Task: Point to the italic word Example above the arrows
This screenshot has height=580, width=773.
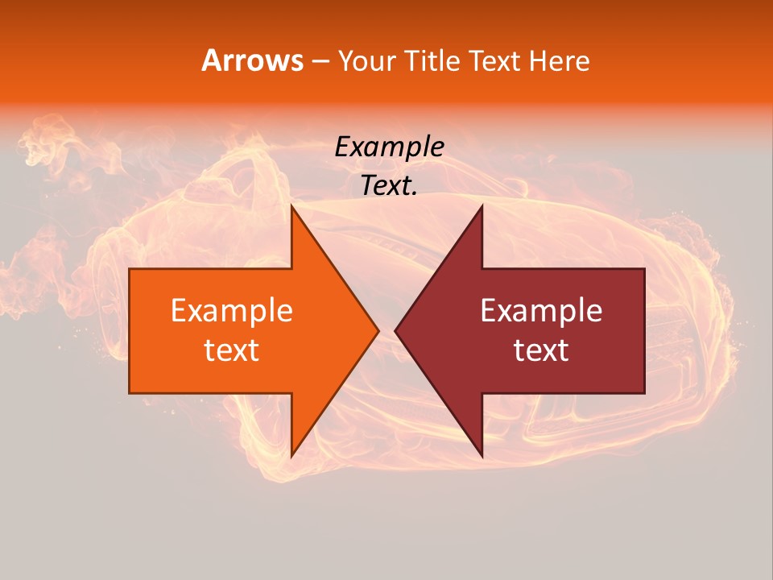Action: point(390,147)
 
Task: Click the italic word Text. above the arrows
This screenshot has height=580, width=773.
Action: point(389,186)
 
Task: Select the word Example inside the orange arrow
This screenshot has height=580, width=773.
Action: point(231,310)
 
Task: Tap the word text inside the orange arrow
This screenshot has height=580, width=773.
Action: point(231,350)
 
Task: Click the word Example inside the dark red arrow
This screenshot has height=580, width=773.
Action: point(541,310)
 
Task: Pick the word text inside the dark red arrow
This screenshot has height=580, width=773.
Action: point(541,350)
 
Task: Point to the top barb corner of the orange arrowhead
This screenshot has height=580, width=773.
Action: point(292,207)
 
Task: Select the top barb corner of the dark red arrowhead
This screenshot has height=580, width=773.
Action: point(482,207)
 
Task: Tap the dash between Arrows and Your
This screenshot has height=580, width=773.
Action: point(320,62)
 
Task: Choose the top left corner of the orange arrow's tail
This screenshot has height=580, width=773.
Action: point(130,269)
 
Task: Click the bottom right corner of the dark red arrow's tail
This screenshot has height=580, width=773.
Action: point(643,392)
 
